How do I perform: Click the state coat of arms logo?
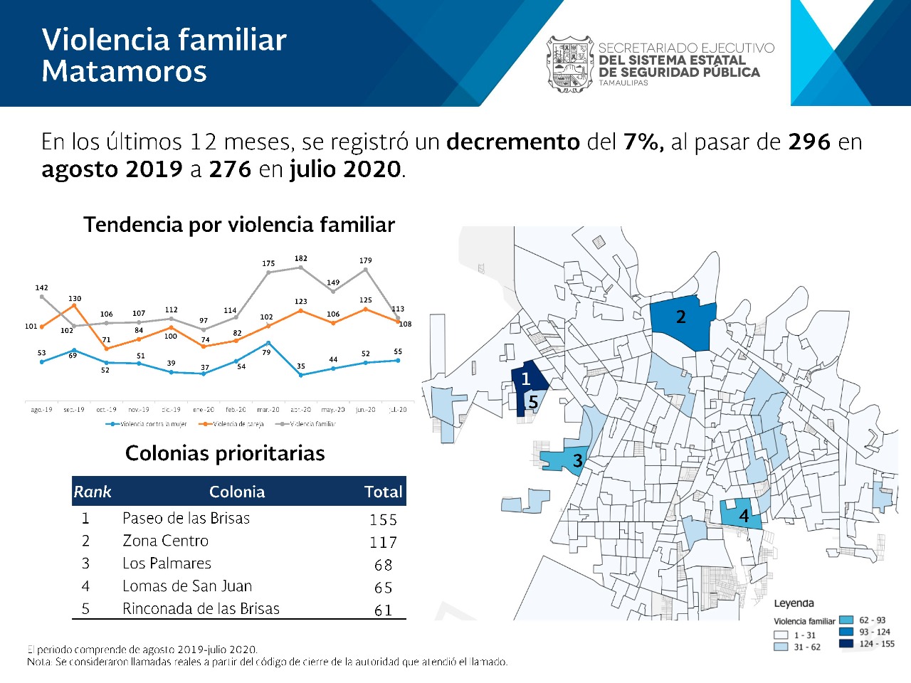570,64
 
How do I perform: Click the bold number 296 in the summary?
809,142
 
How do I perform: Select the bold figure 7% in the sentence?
643,142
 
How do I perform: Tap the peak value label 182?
301,258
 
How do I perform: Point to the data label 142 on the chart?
42,287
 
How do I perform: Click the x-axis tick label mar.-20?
268,410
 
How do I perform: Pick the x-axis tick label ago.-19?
41,410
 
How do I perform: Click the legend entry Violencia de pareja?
238,424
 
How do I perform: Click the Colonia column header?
237,492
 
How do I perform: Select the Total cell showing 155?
383,520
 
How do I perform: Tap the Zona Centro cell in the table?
166,541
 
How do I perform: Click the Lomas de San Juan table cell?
187,586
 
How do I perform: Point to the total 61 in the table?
383,610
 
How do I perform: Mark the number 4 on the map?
744,516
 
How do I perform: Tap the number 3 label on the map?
578,461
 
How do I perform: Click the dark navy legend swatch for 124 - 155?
846,644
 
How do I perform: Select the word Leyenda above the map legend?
794,603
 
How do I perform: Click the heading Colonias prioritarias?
225,453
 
